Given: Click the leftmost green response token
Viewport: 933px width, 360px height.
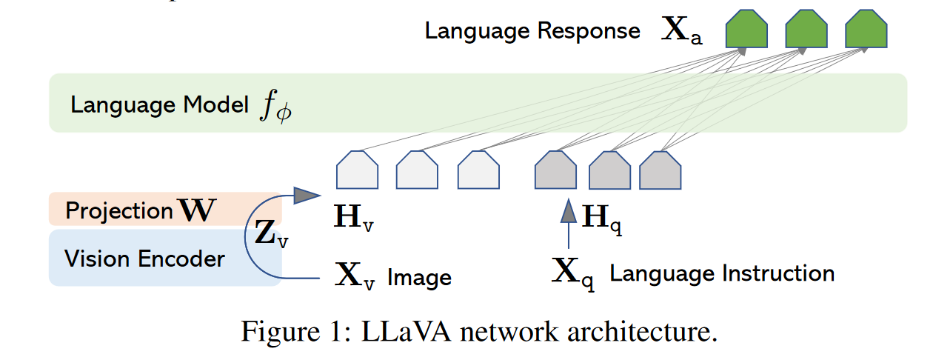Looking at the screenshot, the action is (x=746, y=28).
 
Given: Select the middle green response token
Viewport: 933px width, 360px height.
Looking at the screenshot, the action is (x=806, y=28).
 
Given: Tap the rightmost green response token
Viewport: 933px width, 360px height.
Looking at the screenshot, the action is (x=866, y=28).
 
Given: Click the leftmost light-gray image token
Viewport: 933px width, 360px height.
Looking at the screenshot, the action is (x=358, y=170).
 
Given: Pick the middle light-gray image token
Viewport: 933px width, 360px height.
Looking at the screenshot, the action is (x=417, y=170).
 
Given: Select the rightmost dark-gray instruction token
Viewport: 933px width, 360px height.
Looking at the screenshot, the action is (x=661, y=170).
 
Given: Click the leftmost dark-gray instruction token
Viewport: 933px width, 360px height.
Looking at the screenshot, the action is (x=555, y=170).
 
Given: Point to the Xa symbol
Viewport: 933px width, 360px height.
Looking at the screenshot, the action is (x=682, y=30).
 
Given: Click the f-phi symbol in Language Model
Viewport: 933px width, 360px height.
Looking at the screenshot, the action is (x=276, y=106).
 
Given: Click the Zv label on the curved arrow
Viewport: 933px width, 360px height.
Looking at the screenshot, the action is (x=272, y=233).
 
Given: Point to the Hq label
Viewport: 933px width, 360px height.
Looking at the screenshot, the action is (x=602, y=219).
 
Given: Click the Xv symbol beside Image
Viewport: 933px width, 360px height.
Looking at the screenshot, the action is (x=355, y=275).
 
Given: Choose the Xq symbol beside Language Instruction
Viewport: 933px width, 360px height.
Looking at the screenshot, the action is (x=573, y=273).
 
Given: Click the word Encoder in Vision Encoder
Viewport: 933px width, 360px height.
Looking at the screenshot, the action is (x=181, y=259).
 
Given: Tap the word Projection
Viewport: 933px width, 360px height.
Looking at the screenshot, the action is (x=119, y=211).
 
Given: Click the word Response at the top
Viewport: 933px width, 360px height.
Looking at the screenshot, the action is (x=589, y=31).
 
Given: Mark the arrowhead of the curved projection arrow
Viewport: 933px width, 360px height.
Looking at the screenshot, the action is (x=307, y=195).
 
